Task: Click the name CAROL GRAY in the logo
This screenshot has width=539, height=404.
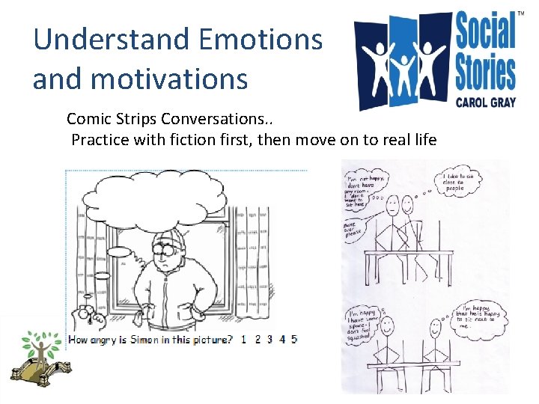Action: click(486, 102)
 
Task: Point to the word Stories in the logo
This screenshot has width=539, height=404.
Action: click(486, 73)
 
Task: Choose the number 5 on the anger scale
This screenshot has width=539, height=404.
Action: click(294, 339)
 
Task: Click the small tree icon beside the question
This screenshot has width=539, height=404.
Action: click(37, 346)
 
